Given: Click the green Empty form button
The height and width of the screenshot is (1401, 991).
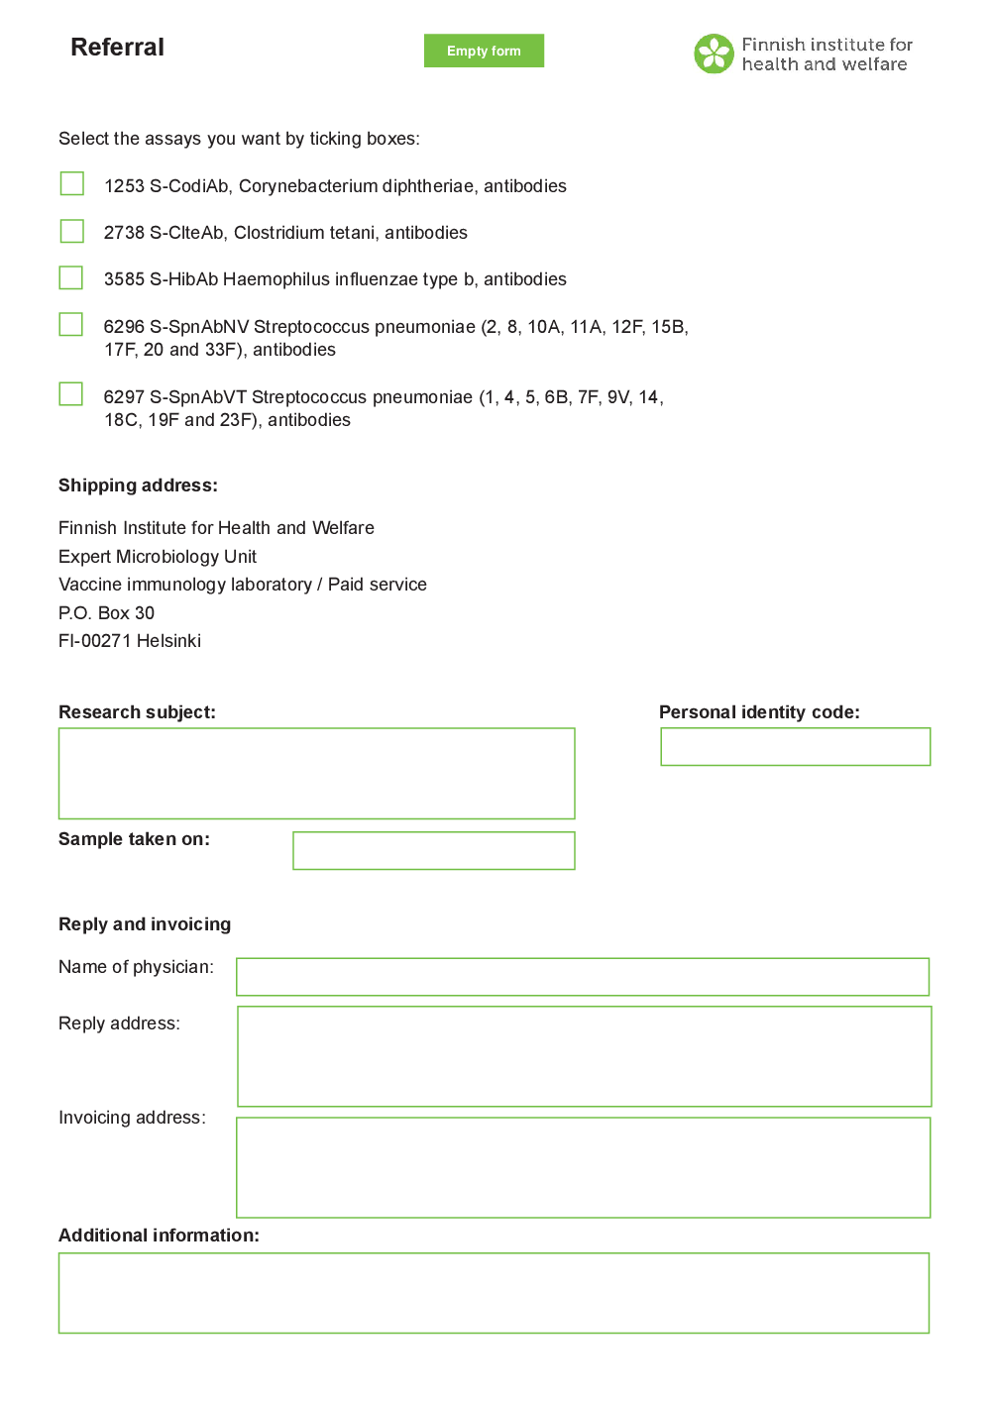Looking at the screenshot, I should coord(484,51).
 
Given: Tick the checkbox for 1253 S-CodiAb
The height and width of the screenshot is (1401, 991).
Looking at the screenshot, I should coord(72,183).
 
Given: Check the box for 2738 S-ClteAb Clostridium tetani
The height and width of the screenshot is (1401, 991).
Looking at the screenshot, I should coord(72,231).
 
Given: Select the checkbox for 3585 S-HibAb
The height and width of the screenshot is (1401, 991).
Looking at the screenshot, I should coord(71,277).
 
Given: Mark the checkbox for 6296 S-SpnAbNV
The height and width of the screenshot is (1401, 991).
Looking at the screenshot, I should coord(71,324).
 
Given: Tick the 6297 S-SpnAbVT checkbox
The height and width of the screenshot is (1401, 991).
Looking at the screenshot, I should coord(71,394).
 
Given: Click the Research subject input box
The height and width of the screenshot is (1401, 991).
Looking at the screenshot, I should coord(316,774).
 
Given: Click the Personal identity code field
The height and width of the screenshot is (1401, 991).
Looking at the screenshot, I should coord(795,747).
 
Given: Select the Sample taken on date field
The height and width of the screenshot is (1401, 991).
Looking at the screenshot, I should coord(433,851).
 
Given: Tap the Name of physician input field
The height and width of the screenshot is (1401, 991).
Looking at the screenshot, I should coord(582,977).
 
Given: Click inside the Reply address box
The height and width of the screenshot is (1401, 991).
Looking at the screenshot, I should coord(584,1056).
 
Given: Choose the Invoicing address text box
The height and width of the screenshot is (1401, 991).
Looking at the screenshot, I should coord(583,1167).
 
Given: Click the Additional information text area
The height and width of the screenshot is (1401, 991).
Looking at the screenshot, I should coord(494,1293).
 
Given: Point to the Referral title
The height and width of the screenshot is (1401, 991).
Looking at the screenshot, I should coord(117,48).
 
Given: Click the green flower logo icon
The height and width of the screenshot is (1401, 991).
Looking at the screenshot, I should coord(714,54).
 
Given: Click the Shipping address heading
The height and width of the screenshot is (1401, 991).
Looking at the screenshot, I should coord(138,485).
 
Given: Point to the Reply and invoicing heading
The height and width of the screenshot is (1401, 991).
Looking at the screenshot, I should coord(145,924).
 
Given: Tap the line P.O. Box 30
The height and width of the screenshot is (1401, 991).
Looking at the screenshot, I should coord(106,613).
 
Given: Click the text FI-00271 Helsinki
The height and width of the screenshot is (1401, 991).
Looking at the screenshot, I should coord(130,641).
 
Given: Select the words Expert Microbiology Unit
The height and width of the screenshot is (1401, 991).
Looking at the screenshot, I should coord(158,557).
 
